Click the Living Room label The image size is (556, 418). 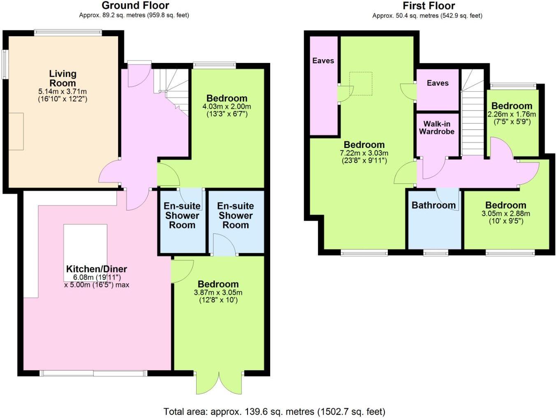pos(63,78)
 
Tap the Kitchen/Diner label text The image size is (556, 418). pos(97,269)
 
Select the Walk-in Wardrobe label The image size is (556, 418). pos(437,128)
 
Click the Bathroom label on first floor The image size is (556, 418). pos(433,205)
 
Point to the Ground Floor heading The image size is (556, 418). pos(135,6)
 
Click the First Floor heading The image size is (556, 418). pos(429,6)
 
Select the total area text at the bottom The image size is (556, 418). pos(274,411)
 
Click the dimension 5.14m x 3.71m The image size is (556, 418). pos(63,92)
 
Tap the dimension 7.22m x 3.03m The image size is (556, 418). pos(364,153)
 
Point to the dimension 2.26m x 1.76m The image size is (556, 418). pos(512,114)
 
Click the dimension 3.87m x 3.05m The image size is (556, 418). pos(218,293)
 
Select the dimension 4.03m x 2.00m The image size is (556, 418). pos(227,106)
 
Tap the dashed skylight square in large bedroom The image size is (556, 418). pos(361,84)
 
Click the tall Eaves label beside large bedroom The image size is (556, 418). pos(323,61)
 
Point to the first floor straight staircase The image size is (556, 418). pos(473,123)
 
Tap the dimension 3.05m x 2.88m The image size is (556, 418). pos(505,214)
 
